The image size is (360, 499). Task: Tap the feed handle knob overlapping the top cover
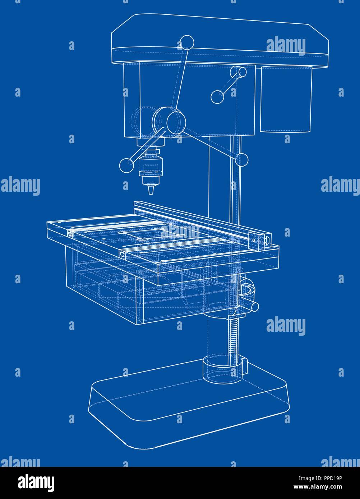[x=186, y=42]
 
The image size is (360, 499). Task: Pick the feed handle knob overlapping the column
[x=241, y=159]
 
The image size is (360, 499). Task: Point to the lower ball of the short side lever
[x=217, y=97]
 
